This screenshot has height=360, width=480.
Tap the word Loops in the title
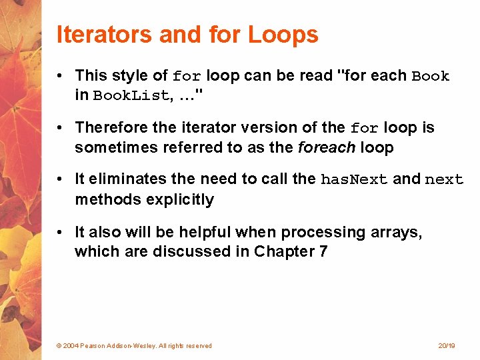click(x=283, y=35)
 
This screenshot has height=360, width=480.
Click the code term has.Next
click(x=355, y=180)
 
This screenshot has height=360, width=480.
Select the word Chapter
click(x=283, y=251)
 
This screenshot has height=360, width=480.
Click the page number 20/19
click(x=446, y=346)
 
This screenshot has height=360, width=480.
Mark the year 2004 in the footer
click(x=71, y=346)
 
